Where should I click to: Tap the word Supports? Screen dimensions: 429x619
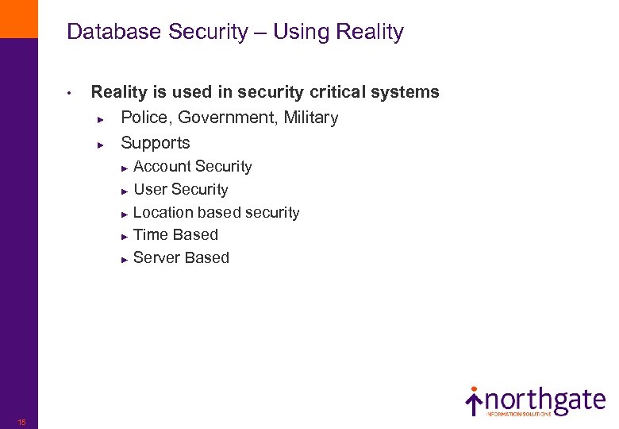coord(156,144)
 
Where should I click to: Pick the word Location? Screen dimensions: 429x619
coord(163,213)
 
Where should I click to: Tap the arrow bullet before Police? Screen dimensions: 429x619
coord(101,119)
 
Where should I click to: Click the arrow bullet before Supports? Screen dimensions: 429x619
coord(101,145)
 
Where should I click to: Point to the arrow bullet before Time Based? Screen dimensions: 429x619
coord(125,236)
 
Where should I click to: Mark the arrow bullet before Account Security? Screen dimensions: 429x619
coord(125,168)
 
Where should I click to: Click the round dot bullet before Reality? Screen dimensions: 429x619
coord(71,93)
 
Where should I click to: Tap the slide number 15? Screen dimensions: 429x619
coord(21,422)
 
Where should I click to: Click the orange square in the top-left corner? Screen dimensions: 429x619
coord(18,18)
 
